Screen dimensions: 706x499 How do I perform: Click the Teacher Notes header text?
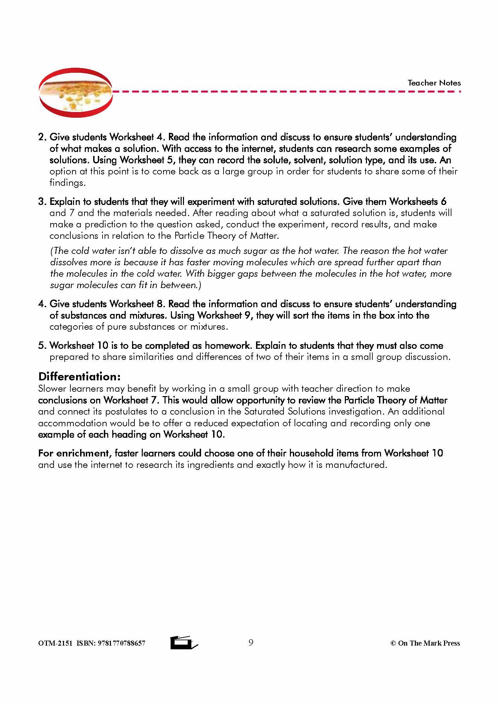(x=434, y=83)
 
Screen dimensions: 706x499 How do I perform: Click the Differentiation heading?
(x=79, y=376)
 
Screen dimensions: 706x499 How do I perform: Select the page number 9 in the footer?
(x=251, y=642)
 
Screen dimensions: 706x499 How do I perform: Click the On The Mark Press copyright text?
(x=425, y=643)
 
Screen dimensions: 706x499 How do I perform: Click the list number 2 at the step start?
(x=42, y=137)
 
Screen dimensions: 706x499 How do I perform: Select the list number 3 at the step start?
(x=42, y=202)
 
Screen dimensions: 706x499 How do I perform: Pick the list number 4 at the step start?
(x=42, y=304)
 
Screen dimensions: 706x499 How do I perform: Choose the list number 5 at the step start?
(x=42, y=346)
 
